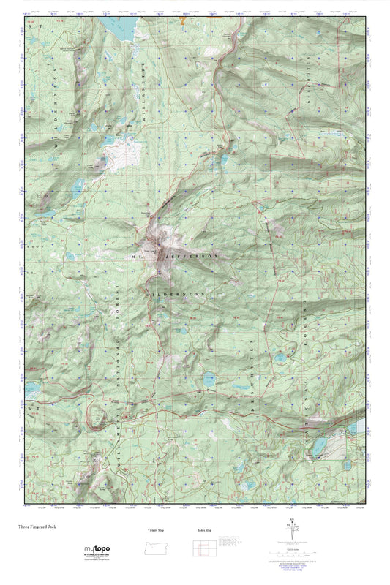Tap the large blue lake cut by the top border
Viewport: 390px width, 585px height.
124,26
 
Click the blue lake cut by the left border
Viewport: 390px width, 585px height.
33,390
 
